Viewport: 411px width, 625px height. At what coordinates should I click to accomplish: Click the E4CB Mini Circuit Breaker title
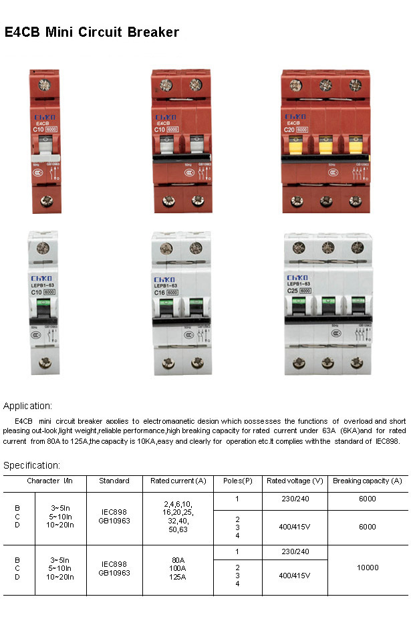click(x=92, y=32)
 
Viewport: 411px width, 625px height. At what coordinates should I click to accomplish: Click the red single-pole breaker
click(x=45, y=140)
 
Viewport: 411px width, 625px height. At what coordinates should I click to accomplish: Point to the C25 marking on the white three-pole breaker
click(x=292, y=291)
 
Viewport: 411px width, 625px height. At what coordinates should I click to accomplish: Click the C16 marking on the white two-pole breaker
click(x=161, y=292)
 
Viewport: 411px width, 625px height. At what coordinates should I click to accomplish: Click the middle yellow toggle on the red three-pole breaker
click(x=326, y=146)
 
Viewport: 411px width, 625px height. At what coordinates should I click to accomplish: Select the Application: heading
click(x=28, y=406)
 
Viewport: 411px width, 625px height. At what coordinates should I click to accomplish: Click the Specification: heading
click(x=32, y=465)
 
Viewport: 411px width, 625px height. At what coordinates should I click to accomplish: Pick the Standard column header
click(x=114, y=481)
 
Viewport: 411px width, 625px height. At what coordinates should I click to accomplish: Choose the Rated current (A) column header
click(x=178, y=481)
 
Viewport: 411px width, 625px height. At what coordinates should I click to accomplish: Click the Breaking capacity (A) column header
click(x=367, y=481)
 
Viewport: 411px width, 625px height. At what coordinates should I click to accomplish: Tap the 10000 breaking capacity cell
click(x=367, y=568)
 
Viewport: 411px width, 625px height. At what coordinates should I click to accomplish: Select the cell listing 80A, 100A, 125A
click(x=178, y=567)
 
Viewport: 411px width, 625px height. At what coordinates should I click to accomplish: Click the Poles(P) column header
click(x=237, y=481)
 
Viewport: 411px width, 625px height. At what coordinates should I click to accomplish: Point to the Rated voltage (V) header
click(x=295, y=481)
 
